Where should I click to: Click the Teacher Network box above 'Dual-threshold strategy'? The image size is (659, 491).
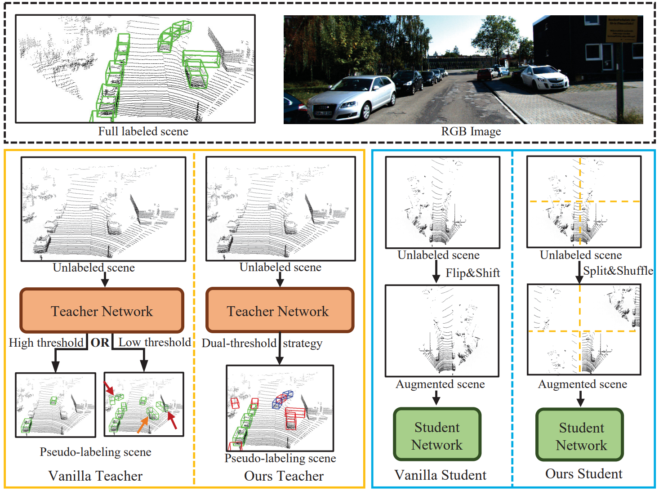coord(280,311)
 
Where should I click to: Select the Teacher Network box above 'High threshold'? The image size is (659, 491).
coord(102,311)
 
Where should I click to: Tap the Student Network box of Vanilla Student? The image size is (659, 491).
coord(437,435)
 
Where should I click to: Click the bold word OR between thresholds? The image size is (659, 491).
coord(100,343)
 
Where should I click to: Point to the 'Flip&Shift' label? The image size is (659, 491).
coord(472,273)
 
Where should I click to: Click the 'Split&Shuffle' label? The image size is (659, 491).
coord(618,271)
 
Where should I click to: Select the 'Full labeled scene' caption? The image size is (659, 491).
coord(143,131)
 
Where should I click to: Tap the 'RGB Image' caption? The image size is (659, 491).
coord(471,131)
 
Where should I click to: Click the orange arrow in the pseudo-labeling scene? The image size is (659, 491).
coord(142,424)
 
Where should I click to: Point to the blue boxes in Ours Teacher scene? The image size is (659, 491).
coord(282,399)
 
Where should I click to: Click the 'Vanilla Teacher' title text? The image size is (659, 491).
coord(95,476)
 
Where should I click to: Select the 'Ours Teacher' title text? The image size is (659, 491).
coord(284,476)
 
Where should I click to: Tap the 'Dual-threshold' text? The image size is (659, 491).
coord(239,344)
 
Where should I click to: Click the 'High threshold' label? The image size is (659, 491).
coord(46,343)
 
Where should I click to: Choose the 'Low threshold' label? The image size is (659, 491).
coord(155,343)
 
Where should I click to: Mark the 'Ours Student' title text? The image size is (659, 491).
coord(583,473)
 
